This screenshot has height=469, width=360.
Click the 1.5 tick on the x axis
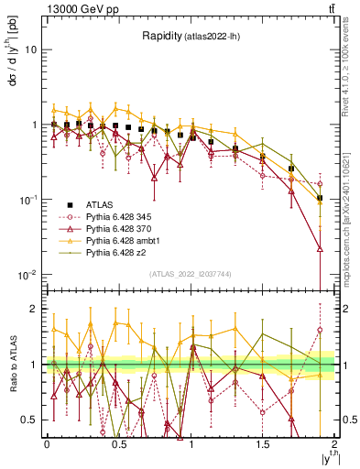[264, 442]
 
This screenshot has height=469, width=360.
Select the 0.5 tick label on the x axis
[119, 442]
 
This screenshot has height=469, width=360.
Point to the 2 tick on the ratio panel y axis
[35, 309]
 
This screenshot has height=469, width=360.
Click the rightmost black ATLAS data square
[320, 198]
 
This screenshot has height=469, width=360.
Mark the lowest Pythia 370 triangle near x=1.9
[320, 248]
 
